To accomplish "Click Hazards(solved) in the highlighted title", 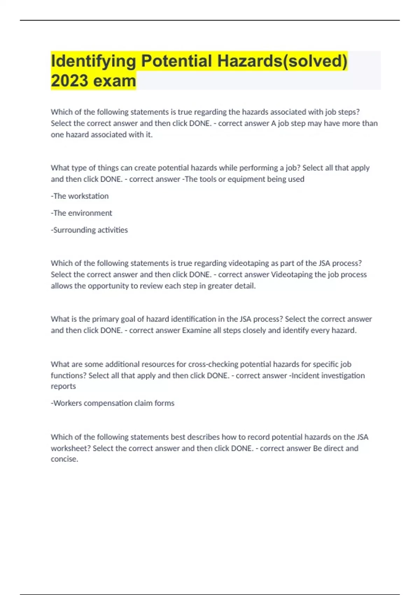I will [282, 61].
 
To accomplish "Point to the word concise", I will [64, 459].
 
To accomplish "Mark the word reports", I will [63, 386].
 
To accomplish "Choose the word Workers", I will [67, 403].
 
